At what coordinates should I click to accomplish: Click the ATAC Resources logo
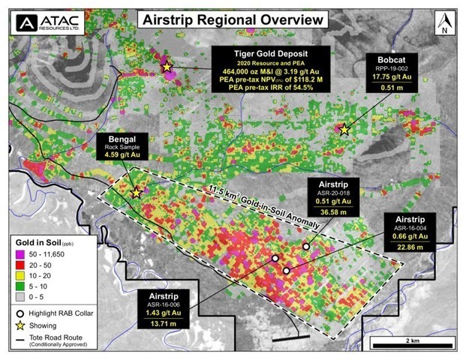[47, 22]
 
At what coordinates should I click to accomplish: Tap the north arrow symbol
[446, 23]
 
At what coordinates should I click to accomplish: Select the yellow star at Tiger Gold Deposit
[167, 67]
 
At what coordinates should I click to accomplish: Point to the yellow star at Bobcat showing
[344, 130]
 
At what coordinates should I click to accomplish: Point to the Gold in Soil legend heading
[47, 244]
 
